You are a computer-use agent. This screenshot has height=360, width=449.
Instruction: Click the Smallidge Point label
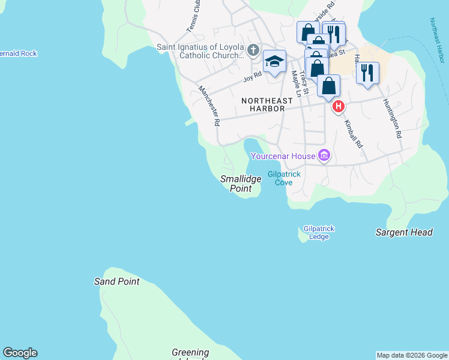click(240, 184)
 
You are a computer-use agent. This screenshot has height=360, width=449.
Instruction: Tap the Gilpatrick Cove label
click(284, 178)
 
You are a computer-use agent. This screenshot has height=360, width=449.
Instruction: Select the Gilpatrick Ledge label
click(319, 233)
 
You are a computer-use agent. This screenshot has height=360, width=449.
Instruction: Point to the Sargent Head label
click(404, 232)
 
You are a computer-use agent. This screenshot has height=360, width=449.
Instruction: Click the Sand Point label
click(116, 281)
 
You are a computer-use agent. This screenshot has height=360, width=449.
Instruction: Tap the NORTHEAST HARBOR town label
click(267, 101)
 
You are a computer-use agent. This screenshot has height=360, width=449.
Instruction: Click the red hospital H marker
click(339, 107)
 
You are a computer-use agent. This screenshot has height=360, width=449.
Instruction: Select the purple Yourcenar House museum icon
click(324, 157)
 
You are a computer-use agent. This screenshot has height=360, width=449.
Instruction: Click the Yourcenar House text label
click(283, 157)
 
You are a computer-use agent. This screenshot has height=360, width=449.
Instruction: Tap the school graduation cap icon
click(274, 61)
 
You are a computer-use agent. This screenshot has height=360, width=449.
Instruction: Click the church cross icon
click(254, 50)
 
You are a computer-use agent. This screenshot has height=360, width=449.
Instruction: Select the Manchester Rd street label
click(209, 105)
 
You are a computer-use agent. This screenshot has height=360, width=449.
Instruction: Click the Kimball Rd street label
click(353, 134)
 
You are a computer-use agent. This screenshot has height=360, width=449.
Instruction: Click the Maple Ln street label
click(295, 83)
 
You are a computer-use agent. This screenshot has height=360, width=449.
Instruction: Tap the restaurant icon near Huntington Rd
click(367, 73)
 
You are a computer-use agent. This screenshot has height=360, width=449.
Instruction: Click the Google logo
click(20, 353)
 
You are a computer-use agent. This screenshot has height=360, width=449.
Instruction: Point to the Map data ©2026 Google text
click(412, 355)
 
